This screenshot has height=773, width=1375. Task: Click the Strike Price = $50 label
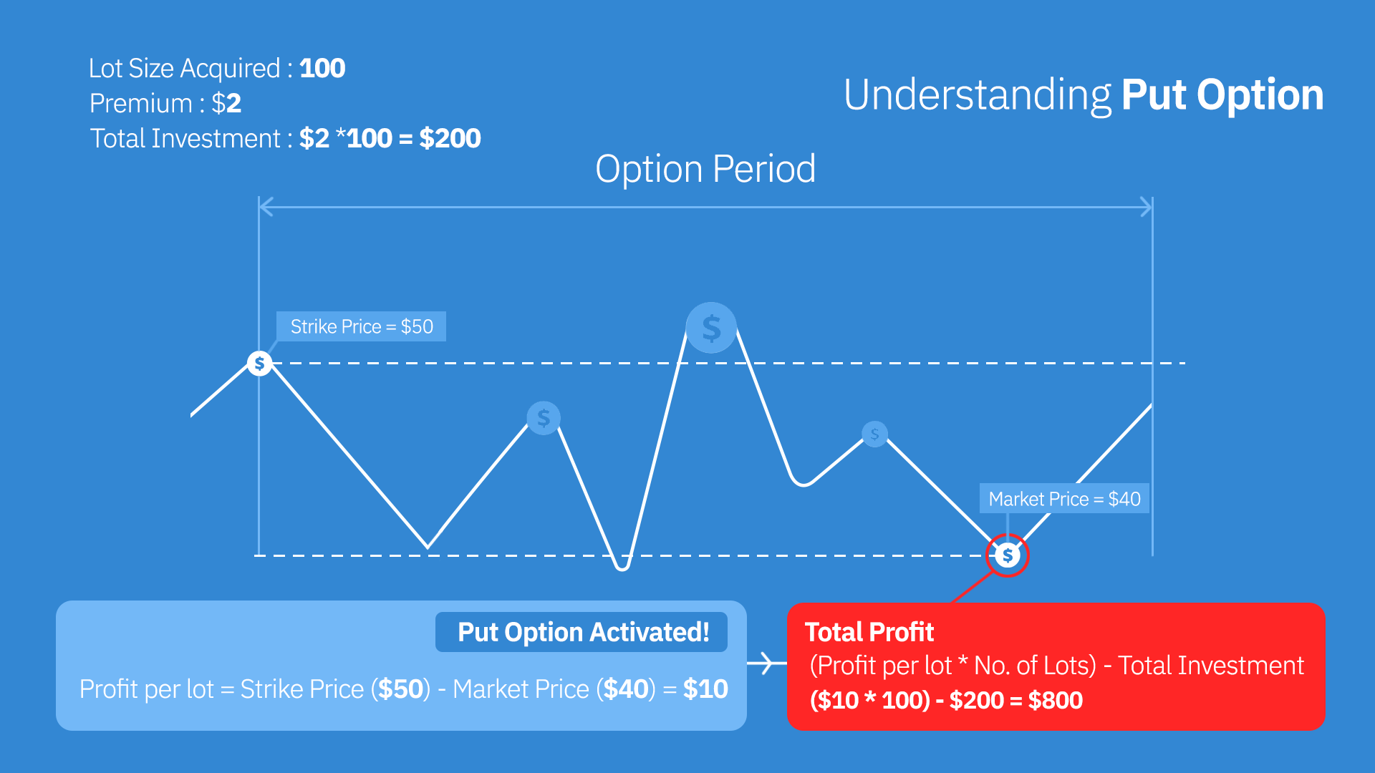tap(362, 326)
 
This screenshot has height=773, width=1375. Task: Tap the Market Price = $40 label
tap(1064, 499)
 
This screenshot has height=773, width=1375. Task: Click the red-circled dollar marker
tap(1008, 555)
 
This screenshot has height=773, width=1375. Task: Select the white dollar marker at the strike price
tap(259, 364)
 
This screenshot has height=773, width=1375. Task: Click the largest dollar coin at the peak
tap(711, 328)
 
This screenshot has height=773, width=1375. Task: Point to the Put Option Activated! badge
tap(582, 632)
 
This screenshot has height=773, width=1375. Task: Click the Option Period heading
tap(705, 169)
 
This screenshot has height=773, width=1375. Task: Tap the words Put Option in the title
tap(1222, 95)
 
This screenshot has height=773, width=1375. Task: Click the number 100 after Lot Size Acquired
tap(322, 69)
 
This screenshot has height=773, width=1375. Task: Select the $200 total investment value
tap(450, 138)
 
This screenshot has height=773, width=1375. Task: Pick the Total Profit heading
tap(869, 632)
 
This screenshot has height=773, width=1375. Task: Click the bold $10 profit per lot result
tap(705, 689)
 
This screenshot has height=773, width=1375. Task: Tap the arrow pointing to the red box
tap(766, 663)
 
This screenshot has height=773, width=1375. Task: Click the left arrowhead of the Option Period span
tap(265, 208)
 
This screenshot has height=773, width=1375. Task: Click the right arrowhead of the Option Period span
tap(1147, 208)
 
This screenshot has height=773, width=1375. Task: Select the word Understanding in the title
tap(977, 95)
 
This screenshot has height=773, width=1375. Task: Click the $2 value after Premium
tap(226, 104)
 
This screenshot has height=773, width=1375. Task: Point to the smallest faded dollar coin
tap(874, 434)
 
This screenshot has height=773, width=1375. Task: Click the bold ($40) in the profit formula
tap(626, 689)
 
